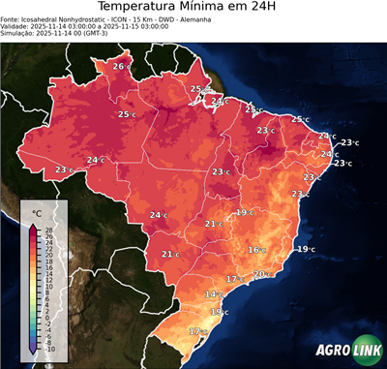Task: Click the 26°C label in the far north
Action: click(120, 66)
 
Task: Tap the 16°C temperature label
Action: click(256, 250)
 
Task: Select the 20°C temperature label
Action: click(261, 274)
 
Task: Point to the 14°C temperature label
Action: click(213, 293)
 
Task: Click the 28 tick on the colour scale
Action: click(49, 229)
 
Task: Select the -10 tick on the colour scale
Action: click(49, 349)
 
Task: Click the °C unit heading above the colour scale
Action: click(37, 212)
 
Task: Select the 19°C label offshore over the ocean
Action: click(305, 249)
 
